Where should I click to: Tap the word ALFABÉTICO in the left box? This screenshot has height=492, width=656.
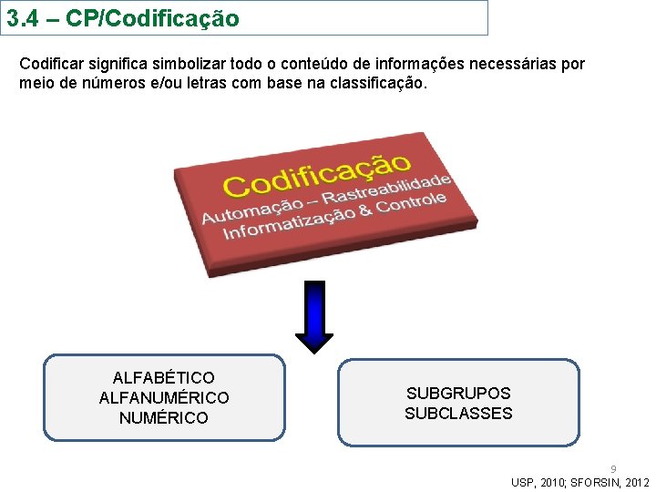(164, 377)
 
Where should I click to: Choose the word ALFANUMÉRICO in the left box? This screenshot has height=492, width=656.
(164, 397)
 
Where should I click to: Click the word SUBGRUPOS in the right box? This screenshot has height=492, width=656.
(458, 394)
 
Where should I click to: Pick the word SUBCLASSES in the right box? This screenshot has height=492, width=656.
(458, 414)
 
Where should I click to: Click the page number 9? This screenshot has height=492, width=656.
(613, 469)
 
